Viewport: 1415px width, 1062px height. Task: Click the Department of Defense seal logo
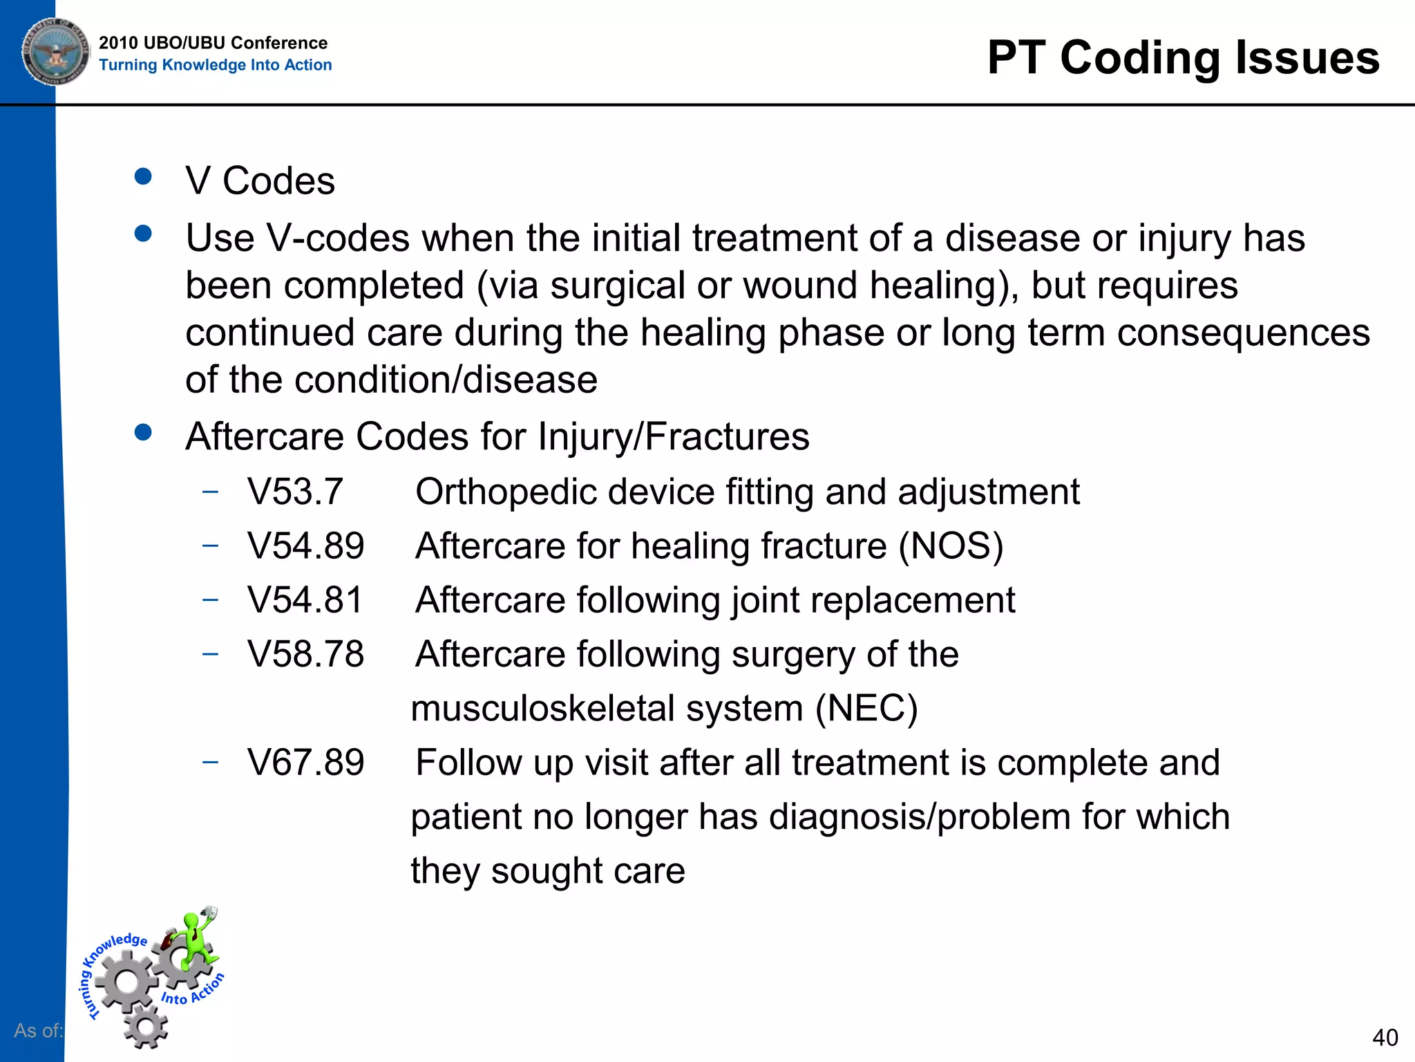point(55,51)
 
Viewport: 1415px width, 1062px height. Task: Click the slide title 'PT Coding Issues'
point(1183,57)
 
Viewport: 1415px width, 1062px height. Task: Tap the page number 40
point(1385,1037)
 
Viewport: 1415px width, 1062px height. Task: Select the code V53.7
point(295,492)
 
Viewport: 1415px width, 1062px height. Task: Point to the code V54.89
point(305,546)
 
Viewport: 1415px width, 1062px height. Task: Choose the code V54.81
point(305,600)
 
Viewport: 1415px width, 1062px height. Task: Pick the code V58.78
point(305,654)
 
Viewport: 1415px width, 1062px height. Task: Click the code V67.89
point(305,763)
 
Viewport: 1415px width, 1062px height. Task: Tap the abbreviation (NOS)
point(951,546)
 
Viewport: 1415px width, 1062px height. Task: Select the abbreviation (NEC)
point(866,709)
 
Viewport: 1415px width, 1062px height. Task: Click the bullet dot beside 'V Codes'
point(143,177)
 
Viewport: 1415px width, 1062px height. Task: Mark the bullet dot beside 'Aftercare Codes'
point(143,433)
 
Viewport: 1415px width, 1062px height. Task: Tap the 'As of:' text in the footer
point(38,1030)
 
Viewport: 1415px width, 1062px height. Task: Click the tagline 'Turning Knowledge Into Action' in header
point(215,65)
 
